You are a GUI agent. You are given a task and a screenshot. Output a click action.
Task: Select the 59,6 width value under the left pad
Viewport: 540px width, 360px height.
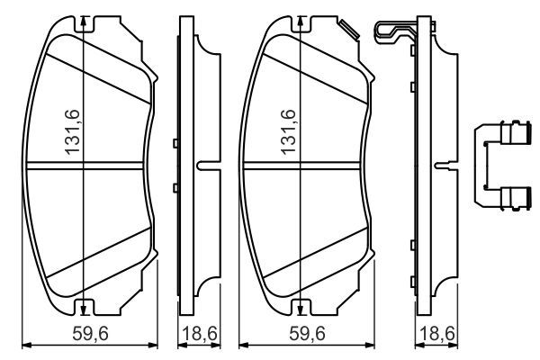90,335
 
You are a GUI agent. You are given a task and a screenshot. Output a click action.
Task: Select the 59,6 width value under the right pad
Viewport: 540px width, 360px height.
306,335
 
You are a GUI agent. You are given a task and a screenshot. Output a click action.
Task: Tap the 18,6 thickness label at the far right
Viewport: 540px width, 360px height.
436,335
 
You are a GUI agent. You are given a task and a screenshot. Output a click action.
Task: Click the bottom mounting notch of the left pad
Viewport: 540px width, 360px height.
83,309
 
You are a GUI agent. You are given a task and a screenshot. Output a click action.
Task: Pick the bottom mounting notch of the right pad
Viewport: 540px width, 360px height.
299,309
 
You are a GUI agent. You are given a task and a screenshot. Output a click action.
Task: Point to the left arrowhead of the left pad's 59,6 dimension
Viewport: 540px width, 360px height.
25,345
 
